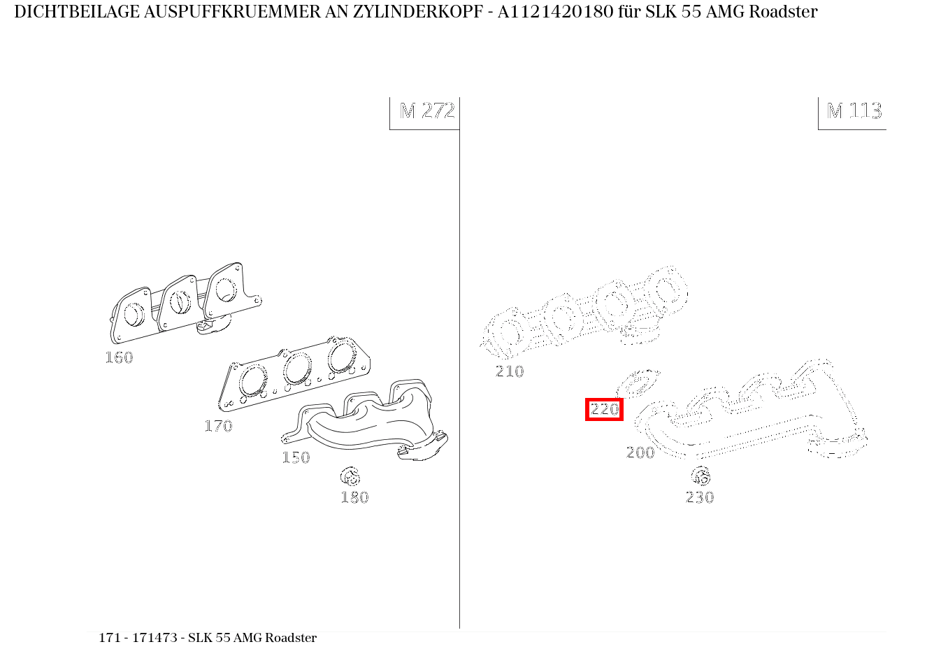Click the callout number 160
(x=119, y=357)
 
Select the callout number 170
(x=218, y=426)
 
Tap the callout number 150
(x=296, y=457)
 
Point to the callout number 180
(x=354, y=497)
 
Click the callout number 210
(x=510, y=371)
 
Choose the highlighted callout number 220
(x=604, y=409)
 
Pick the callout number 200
(x=640, y=452)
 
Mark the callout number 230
(x=700, y=497)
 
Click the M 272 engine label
(x=426, y=111)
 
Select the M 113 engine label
(x=854, y=111)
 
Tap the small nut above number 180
(x=350, y=477)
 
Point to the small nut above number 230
(x=700, y=476)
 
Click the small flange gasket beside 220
(x=638, y=384)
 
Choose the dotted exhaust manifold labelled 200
(x=755, y=416)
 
